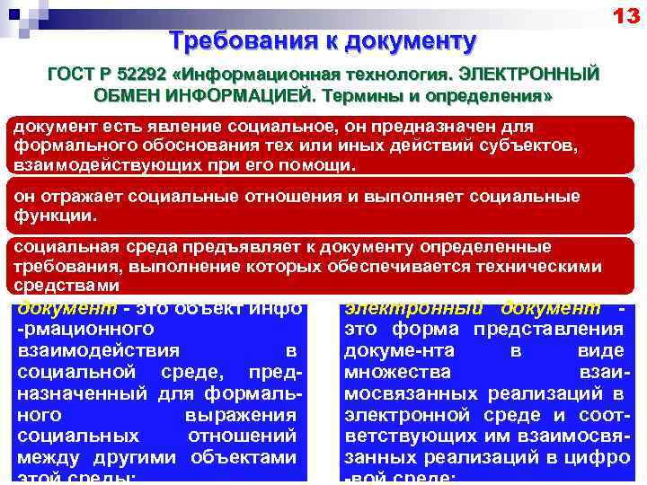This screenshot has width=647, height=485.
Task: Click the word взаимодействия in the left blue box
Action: point(98,350)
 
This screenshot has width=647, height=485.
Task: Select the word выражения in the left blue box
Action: point(240,415)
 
